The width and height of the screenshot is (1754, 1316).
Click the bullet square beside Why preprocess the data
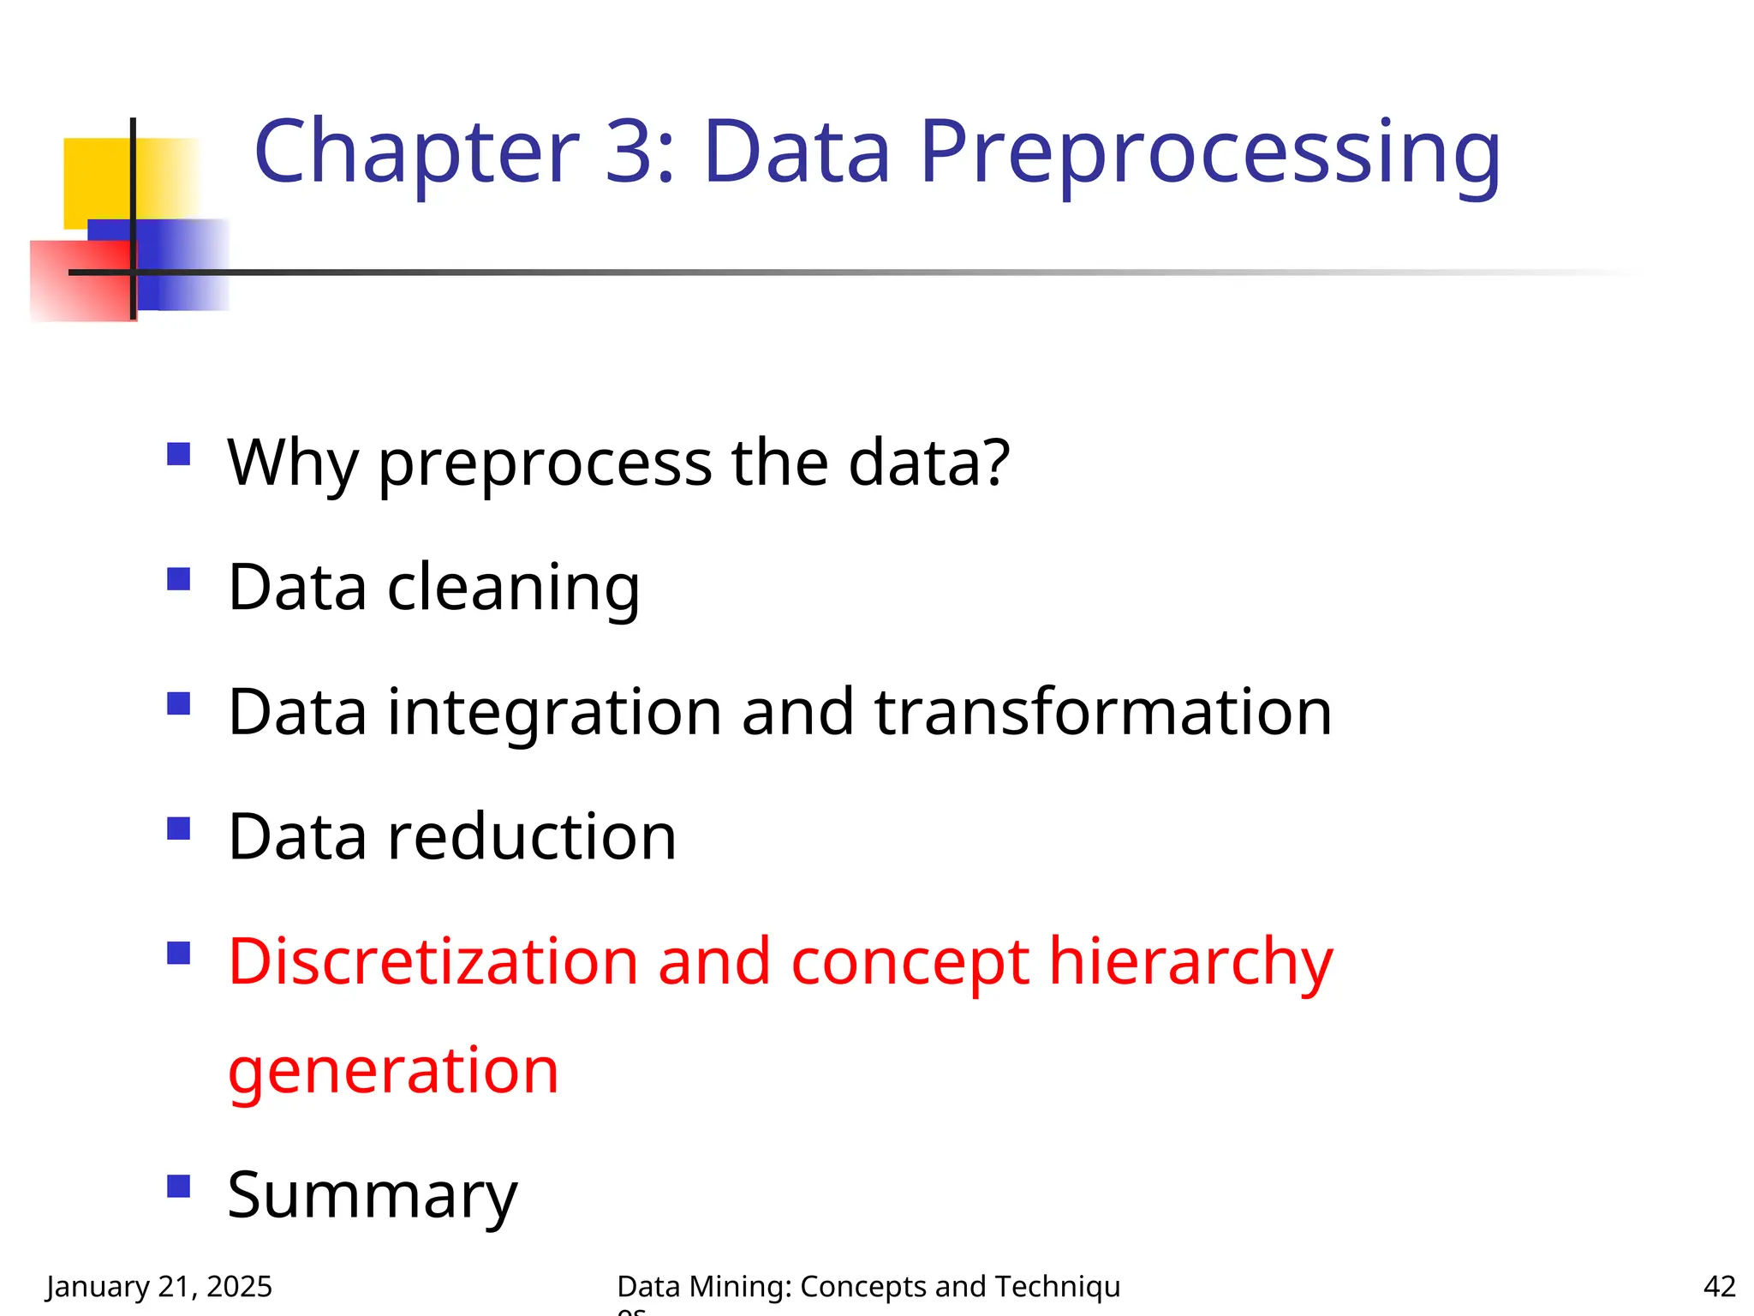(x=178, y=453)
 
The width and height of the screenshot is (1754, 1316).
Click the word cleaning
(x=513, y=589)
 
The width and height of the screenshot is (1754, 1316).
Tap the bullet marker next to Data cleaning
(x=178, y=579)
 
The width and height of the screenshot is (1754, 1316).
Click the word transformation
(x=1103, y=713)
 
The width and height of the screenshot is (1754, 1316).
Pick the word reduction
(x=532, y=837)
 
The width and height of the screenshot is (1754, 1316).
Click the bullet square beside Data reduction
(x=178, y=828)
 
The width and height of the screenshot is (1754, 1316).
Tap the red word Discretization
(x=433, y=961)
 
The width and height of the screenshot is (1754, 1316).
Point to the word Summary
(x=373, y=1196)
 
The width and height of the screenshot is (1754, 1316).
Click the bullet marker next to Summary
(x=178, y=1187)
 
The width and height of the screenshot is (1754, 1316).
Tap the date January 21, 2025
(x=159, y=1287)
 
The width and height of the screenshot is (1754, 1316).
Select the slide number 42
(x=1719, y=1287)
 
